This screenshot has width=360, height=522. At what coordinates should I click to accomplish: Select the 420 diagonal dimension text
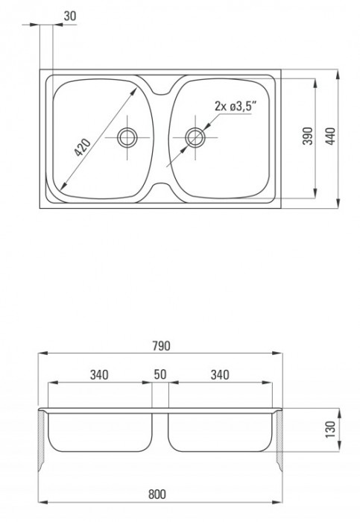tap(83, 146)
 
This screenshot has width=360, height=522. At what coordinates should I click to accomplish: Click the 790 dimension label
tap(162, 346)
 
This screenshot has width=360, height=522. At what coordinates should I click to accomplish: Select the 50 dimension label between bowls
tap(161, 375)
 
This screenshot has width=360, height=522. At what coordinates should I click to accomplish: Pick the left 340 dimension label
tap(100, 375)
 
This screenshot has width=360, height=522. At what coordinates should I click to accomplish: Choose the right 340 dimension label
tap(221, 375)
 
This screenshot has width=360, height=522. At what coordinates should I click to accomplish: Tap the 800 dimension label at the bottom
tap(162, 494)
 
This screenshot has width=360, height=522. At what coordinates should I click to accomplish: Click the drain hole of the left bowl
tap(127, 136)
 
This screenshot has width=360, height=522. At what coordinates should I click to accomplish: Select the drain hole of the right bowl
tap(195, 136)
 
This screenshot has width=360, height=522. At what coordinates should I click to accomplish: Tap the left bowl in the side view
tap(101, 436)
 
